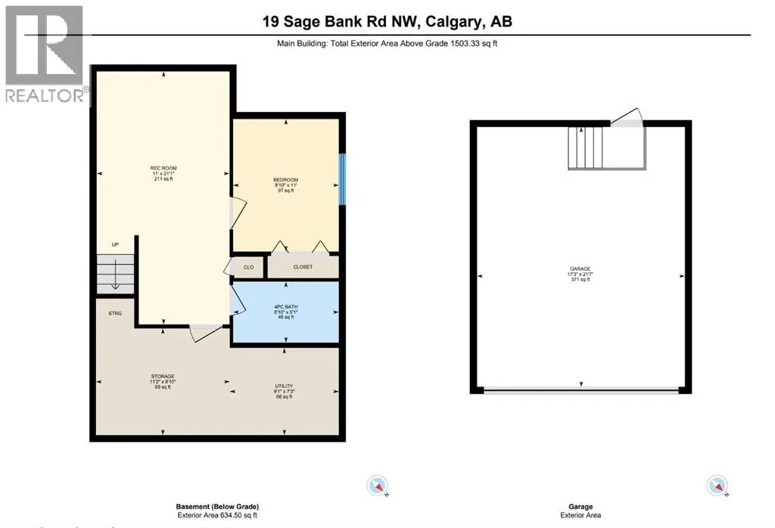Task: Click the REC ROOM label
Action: [x=163, y=168]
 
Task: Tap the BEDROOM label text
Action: [x=285, y=179]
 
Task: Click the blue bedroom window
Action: [x=342, y=179]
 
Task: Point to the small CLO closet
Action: [x=248, y=267]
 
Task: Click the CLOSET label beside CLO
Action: [x=302, y=267]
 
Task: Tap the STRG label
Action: [x=115, y=313]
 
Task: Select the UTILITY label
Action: [x=283, y=386]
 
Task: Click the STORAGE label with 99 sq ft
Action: [x=162, y=376]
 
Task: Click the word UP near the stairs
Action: [x=115, y=245]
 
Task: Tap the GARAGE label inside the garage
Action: [x=580, y=269]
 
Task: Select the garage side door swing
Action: [x=627, y=117]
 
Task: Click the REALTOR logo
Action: [x=43, y=54]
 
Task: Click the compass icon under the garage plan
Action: [x=716, y=486]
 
